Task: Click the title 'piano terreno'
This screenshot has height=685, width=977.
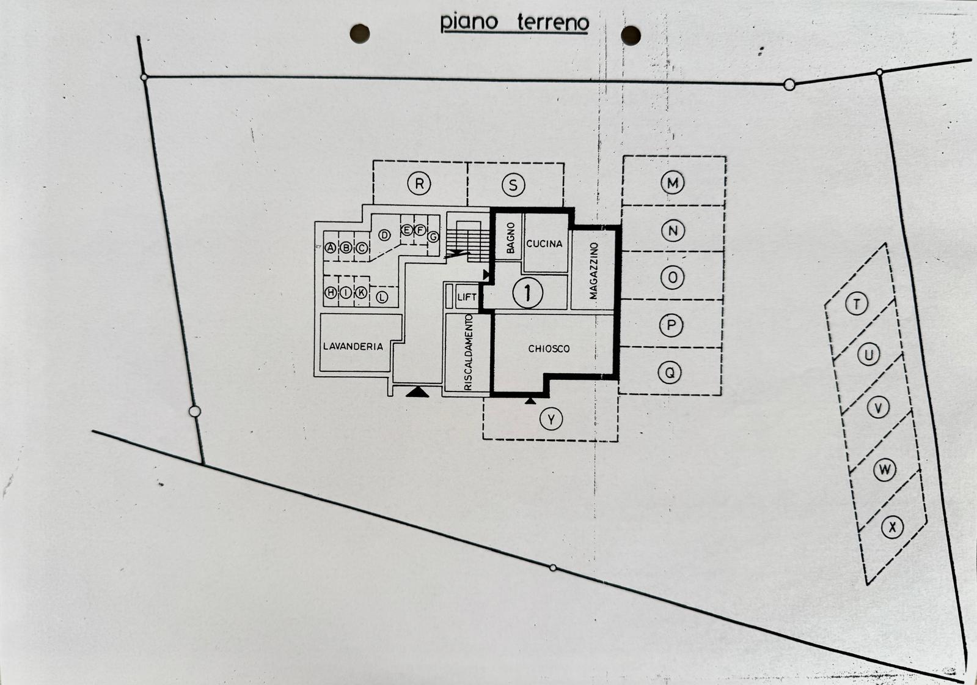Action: point(514,22)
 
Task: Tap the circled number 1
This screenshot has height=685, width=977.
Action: point(528,292)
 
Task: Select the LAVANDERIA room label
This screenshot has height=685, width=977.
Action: point(353,346)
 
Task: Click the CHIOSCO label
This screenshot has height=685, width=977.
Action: point(549,349)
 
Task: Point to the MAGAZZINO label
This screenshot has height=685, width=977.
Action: point(593,271)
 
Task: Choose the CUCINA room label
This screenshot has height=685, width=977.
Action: point(544,243)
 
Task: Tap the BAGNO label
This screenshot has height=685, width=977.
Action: point(511,238)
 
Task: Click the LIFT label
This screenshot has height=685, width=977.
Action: point(467,297)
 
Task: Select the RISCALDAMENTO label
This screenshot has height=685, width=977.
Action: point(469,352)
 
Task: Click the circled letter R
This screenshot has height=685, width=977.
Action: point(419,183)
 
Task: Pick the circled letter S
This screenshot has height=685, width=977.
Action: point(513,185)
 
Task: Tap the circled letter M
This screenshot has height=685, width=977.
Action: point(673,182)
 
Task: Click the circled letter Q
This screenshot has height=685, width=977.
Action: point(670,372)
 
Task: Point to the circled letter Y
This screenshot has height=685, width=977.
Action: point(551,419)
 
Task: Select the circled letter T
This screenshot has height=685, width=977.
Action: point(857,303)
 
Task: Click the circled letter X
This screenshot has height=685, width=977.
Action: point(893,528)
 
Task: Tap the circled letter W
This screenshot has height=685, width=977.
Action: point(885,470)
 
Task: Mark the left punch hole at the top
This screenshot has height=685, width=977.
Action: point(360,34)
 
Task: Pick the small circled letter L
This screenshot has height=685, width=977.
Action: point(382,297)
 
